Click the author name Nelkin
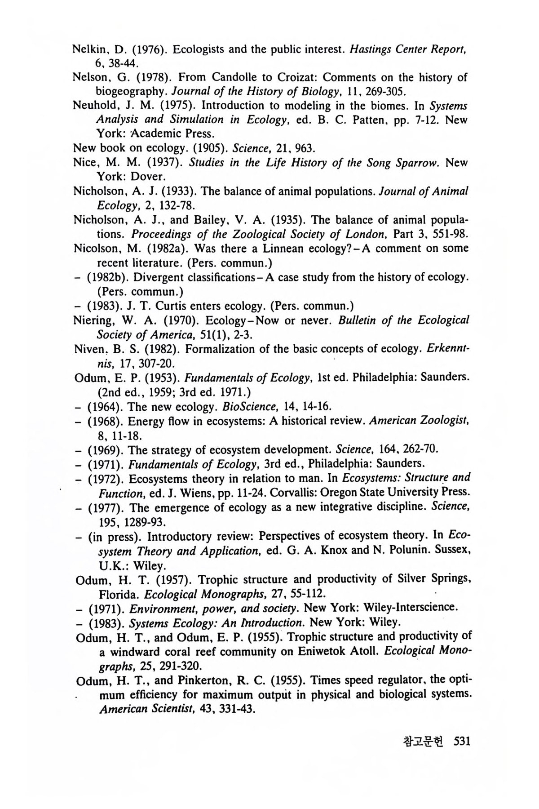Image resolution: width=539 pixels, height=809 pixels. [88, 49]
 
